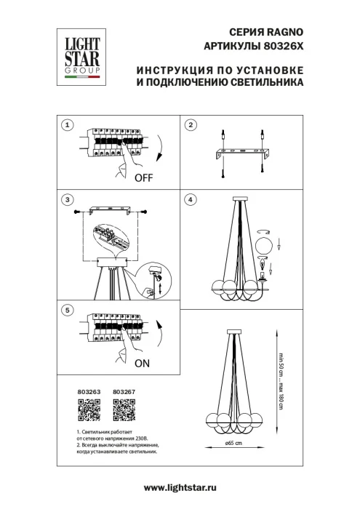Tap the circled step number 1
(x=67, y=125)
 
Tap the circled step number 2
(x=191, y=125)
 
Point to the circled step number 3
(x=67, y=199)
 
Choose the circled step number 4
(x=191, y=199)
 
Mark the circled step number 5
(x=67, y=310)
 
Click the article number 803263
(x=87, y=392)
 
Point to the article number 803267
(x=124, y=392)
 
